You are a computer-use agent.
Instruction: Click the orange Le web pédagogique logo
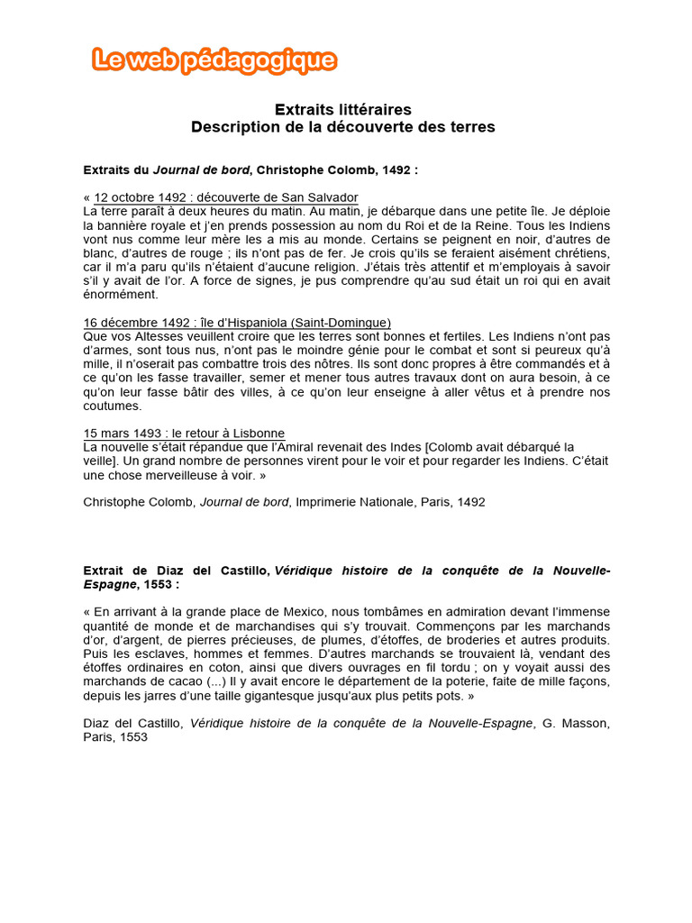(x=214, y=60)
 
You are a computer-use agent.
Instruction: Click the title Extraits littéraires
(x=343, y=109)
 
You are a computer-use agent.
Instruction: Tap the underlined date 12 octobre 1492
(x=138, y=197)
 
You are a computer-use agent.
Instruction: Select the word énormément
(x=120, y=295)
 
